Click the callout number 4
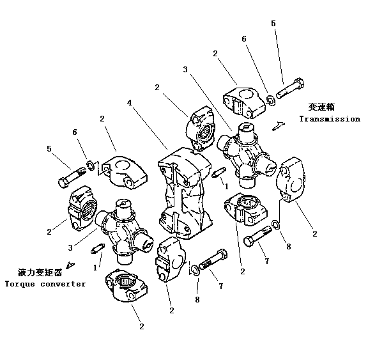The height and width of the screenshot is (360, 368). [130, 103]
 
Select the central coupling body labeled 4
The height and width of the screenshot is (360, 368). [185, 193]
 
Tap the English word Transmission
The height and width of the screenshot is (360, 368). [330, 119]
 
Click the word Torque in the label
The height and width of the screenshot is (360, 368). [20, 284]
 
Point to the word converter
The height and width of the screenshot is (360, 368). [63, 284]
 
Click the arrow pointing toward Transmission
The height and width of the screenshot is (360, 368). [279, 126]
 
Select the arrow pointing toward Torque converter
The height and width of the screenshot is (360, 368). [70, 265]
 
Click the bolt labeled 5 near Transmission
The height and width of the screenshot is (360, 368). [290, 88]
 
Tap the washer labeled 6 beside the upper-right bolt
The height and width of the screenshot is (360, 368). [272, 100]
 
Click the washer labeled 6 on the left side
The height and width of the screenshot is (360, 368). [91, 166]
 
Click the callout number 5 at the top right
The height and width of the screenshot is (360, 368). [273, 24]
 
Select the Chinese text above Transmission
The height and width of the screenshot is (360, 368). [321, 107]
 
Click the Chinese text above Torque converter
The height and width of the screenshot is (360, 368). [40, 272]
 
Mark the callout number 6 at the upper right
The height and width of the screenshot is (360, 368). [244, 39]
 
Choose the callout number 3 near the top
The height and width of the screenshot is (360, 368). [185, 70]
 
